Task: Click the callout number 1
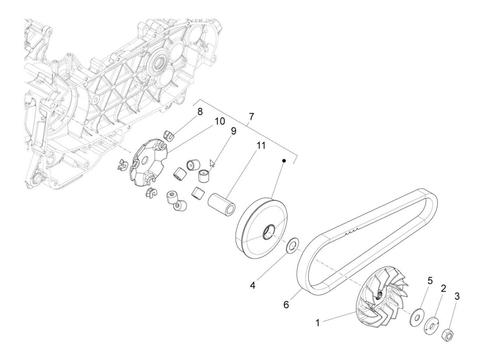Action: (x=318, y=323)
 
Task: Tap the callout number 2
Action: (x=443, y=288)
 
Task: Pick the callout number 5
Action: (x=430, y=281)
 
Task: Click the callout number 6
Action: (x=286, y=304)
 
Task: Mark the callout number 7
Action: (x=251, y=117)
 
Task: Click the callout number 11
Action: (x=261, y=146)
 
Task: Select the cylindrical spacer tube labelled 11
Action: (x=221, y=204)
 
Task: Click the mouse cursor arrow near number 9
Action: (x=212, y=163)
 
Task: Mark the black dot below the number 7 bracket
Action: (x=284, y=160)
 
